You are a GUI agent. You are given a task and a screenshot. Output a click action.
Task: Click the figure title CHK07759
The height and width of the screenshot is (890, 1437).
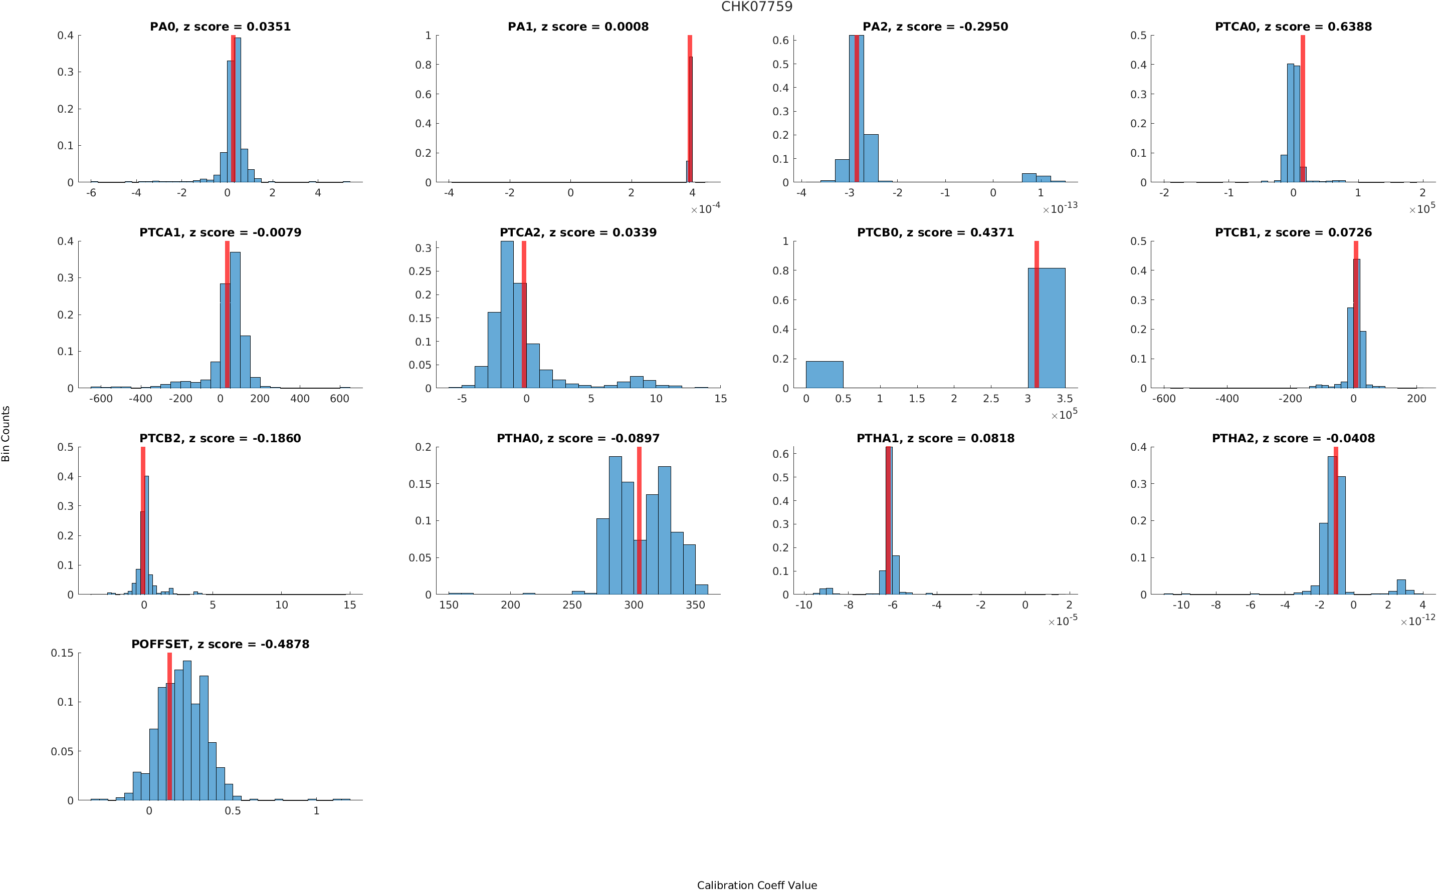(x=757, y=7)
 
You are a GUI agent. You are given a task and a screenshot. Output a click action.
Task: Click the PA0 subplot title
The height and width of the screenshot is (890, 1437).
(x=220, y=27)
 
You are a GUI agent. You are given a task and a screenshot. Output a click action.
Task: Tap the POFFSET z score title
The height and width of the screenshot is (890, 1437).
(x=220, y=644)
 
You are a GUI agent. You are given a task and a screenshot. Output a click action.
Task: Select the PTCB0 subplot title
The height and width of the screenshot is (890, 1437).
(x=935, y=232)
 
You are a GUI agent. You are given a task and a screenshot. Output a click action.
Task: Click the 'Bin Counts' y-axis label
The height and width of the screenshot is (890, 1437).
(x=6, y=433)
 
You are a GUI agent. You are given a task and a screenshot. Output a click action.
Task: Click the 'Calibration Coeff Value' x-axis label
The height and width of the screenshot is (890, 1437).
(x=757, y=884)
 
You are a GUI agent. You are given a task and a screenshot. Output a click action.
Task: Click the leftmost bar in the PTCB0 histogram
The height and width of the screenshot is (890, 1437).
(x=824, y=374)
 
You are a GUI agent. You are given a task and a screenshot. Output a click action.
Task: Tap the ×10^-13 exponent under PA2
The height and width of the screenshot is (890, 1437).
(x=1060, y=208)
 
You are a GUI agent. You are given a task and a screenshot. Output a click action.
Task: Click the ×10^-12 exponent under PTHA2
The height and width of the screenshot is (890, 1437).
(x=1417, y=621)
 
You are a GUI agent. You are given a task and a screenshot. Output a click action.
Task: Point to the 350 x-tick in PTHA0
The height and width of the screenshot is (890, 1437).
(x=696, y=605)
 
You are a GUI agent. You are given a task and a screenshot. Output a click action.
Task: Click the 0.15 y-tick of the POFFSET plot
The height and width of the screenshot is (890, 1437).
(x=63, y=653)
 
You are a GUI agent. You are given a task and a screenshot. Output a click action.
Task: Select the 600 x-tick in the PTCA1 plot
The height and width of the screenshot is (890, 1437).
(x=340, y=399)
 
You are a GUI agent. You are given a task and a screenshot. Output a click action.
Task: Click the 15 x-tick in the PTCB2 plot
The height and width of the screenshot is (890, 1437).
(x=350, y=605)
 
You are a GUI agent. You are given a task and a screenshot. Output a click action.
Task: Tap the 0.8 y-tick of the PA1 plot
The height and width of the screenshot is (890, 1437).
(x=424, y=65)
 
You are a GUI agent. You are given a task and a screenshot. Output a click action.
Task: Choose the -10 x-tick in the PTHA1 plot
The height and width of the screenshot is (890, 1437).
(x=803, y=605)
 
